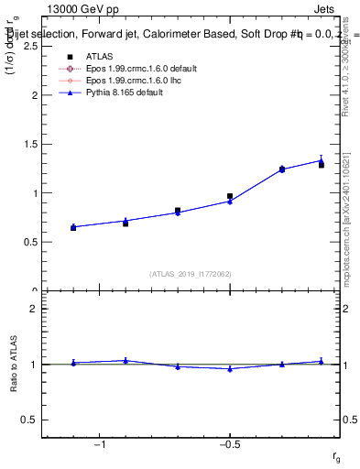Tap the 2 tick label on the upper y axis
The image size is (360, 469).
click(x=34, y=95)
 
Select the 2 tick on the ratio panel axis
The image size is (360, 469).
click(x=34, y=309)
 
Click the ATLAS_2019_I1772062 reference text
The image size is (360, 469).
click(x=190, y=273)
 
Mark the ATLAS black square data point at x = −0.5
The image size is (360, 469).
click(x=230, y=196)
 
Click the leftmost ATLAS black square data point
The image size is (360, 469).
click(x=73, y=227)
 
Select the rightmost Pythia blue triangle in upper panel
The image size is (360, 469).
click(x=322, y=160)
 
